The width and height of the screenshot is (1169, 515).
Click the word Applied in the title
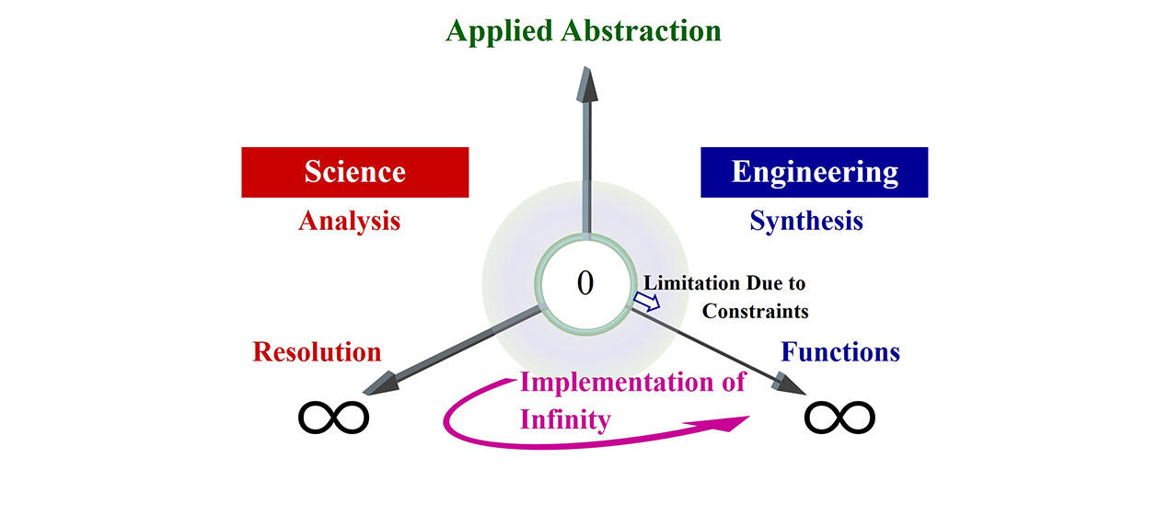click(500, 32)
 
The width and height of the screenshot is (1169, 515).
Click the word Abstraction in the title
click(642, 30)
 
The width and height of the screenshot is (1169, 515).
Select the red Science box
click(355, 172)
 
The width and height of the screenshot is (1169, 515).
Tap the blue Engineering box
click(814, 172)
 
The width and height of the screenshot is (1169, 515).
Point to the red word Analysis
click(350, 222)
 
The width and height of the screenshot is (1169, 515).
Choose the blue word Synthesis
click(806, 222)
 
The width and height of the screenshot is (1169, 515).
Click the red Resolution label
click(317, 352)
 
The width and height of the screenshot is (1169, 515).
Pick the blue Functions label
click(840, 352)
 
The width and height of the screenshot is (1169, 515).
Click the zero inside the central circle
click(585, 283)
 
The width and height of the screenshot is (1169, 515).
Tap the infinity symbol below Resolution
click(333, 418)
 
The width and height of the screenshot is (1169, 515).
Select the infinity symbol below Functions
click(839, 418)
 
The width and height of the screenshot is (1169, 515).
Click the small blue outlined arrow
click(647, 302)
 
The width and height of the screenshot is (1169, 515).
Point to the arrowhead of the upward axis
click(587, 85)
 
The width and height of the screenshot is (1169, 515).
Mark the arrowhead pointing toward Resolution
click(381, 384)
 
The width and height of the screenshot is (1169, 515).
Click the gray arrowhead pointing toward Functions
click(788, 384)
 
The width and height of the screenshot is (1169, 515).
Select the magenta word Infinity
click(565, 420)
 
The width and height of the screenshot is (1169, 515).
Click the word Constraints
click(755, 311)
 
